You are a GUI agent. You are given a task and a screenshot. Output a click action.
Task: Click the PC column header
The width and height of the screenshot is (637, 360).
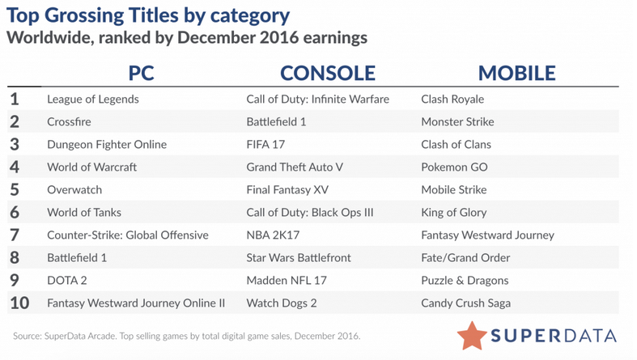141,74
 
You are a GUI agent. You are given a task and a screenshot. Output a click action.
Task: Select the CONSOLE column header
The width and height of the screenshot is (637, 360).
328,74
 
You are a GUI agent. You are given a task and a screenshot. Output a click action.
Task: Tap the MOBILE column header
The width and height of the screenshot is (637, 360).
516,74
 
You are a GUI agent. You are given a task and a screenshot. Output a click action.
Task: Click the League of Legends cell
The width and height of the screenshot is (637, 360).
93,100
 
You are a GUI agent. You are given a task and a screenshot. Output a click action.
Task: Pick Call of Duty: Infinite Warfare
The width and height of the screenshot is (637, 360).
317,99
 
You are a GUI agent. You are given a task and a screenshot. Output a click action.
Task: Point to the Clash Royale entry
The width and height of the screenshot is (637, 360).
452,100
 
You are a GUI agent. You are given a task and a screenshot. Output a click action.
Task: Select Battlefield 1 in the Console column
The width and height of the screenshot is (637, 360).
276,122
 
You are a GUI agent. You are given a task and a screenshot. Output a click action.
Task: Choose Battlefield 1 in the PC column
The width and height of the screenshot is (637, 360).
77,258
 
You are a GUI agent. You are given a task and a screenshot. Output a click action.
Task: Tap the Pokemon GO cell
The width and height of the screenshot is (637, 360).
454,167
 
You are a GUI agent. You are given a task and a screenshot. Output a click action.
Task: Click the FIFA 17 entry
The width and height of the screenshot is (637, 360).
265,145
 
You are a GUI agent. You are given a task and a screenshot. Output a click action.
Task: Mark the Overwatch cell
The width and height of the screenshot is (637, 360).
74,190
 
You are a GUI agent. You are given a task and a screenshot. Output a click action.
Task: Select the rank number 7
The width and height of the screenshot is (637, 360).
15,235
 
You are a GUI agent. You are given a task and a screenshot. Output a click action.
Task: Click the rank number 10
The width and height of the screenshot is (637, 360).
19,303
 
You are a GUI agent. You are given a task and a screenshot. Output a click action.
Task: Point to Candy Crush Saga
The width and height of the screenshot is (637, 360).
466,303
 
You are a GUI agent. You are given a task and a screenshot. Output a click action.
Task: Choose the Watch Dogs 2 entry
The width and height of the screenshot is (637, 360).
282,303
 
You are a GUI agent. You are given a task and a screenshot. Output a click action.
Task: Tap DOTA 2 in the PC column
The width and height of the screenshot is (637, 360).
67,281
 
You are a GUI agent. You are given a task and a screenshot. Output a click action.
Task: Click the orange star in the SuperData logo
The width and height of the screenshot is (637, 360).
472,336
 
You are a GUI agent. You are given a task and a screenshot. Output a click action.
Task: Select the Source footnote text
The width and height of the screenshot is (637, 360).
186,336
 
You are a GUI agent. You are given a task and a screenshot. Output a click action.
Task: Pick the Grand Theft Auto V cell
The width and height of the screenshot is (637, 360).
295,167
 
